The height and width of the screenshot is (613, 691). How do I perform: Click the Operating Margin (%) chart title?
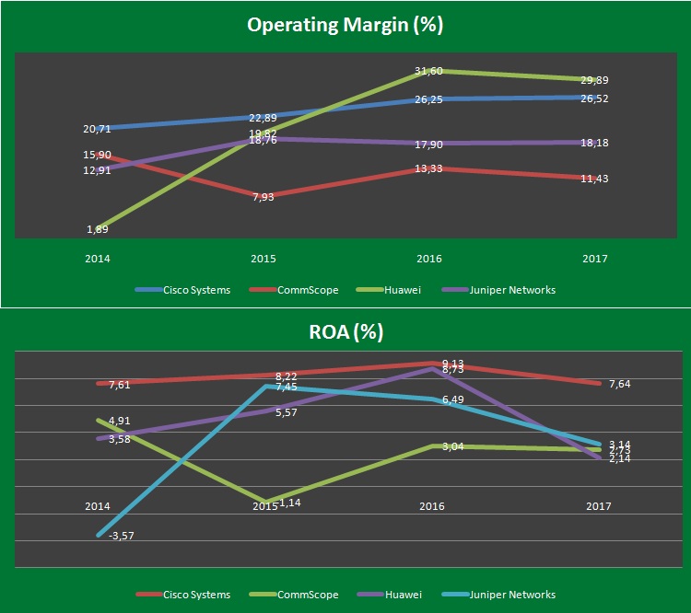click(345, 25)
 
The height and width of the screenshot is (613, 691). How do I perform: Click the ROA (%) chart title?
click(345, 332)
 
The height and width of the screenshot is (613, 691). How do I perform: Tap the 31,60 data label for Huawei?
click(429, 72)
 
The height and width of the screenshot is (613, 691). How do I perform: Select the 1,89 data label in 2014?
click(98, 229)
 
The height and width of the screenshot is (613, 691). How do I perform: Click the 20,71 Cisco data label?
click(96, 130)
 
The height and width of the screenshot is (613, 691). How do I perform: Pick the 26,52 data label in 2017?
click(594, 98)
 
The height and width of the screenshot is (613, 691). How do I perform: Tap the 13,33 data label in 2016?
click(429, 168)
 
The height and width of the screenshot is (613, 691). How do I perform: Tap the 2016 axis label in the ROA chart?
click(430, 506)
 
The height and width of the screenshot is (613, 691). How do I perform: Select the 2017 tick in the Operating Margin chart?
click(594, 260)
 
